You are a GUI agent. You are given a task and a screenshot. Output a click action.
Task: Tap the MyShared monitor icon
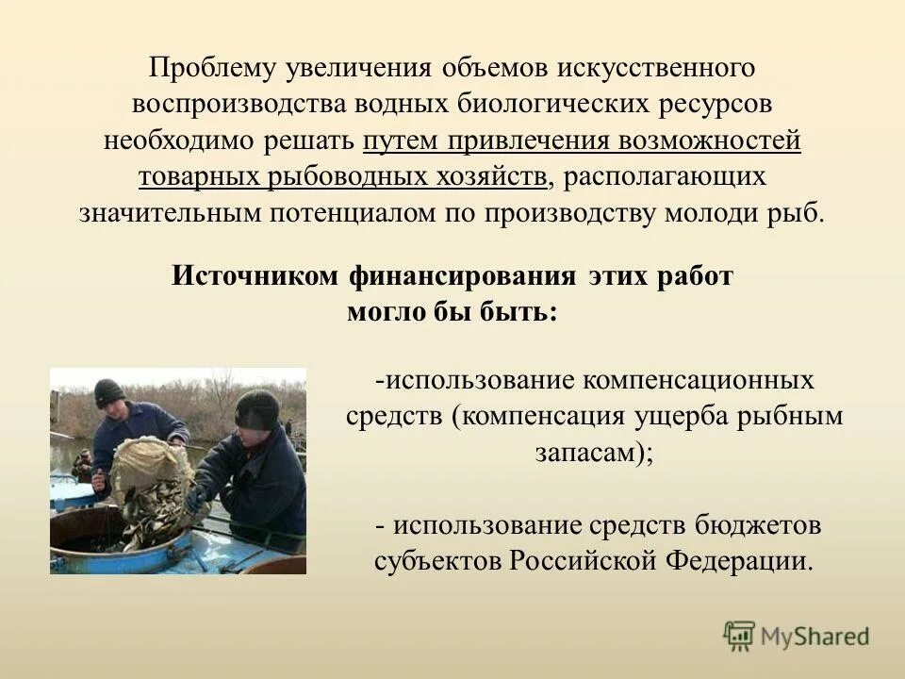(x=740, y=636)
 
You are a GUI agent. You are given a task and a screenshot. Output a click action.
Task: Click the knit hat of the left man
(x=109, y=391)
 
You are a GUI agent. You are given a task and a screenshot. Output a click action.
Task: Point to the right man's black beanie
(x=256, y=409)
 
